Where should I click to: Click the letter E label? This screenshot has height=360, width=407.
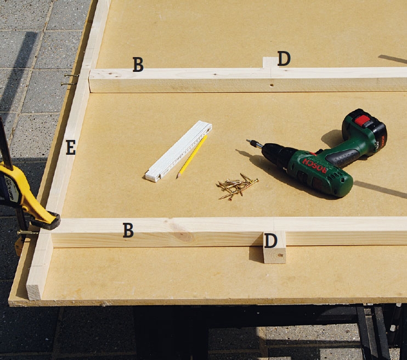coord(71,147)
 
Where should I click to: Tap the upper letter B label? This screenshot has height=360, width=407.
coord(138,64)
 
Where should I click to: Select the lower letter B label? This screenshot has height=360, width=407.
coord(128,230)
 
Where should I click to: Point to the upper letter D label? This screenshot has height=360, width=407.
coord(284,59)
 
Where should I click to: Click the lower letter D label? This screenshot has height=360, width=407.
coord(271,240)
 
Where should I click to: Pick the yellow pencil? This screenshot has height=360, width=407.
coord(192,156)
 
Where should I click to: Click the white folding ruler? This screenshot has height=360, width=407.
coord(179,151)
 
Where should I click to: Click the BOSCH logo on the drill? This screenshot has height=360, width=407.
coord(314,165)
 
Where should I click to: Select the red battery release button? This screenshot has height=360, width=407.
coord(363,120)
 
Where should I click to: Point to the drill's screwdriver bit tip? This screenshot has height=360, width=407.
coord(247,140)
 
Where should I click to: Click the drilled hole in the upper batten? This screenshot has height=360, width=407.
coord(272,85)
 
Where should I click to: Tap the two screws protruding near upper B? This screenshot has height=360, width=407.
coord(70,80)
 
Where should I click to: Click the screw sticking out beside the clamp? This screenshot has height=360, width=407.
coord(28,233)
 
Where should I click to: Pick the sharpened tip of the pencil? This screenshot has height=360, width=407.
coord(178,177)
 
